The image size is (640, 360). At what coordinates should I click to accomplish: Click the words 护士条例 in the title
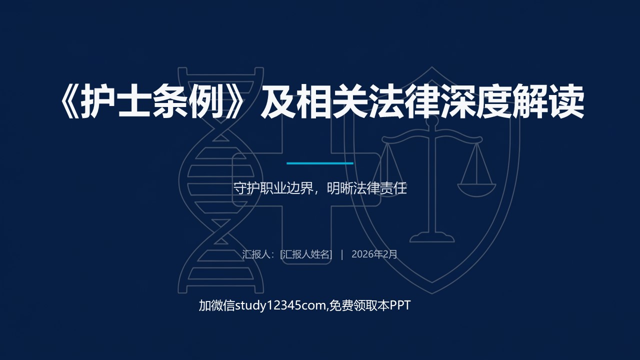point(152,101)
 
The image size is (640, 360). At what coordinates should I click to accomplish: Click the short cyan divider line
point(320,163)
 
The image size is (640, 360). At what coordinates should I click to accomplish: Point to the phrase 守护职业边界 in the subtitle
point(273,188)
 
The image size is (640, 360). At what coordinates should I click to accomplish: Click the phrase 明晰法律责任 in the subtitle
point(366,188)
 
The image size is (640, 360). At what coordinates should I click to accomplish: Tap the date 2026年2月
point(374,254)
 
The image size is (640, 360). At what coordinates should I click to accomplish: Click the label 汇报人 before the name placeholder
point(256,254)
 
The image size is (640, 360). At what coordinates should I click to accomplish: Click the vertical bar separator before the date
point(342,254)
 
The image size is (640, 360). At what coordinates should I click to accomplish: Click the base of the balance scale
point(432,237)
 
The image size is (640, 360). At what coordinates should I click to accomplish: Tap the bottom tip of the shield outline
point(432,293)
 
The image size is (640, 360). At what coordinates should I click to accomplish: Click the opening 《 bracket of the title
point(70,101)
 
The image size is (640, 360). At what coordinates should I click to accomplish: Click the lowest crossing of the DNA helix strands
point(220,241)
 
